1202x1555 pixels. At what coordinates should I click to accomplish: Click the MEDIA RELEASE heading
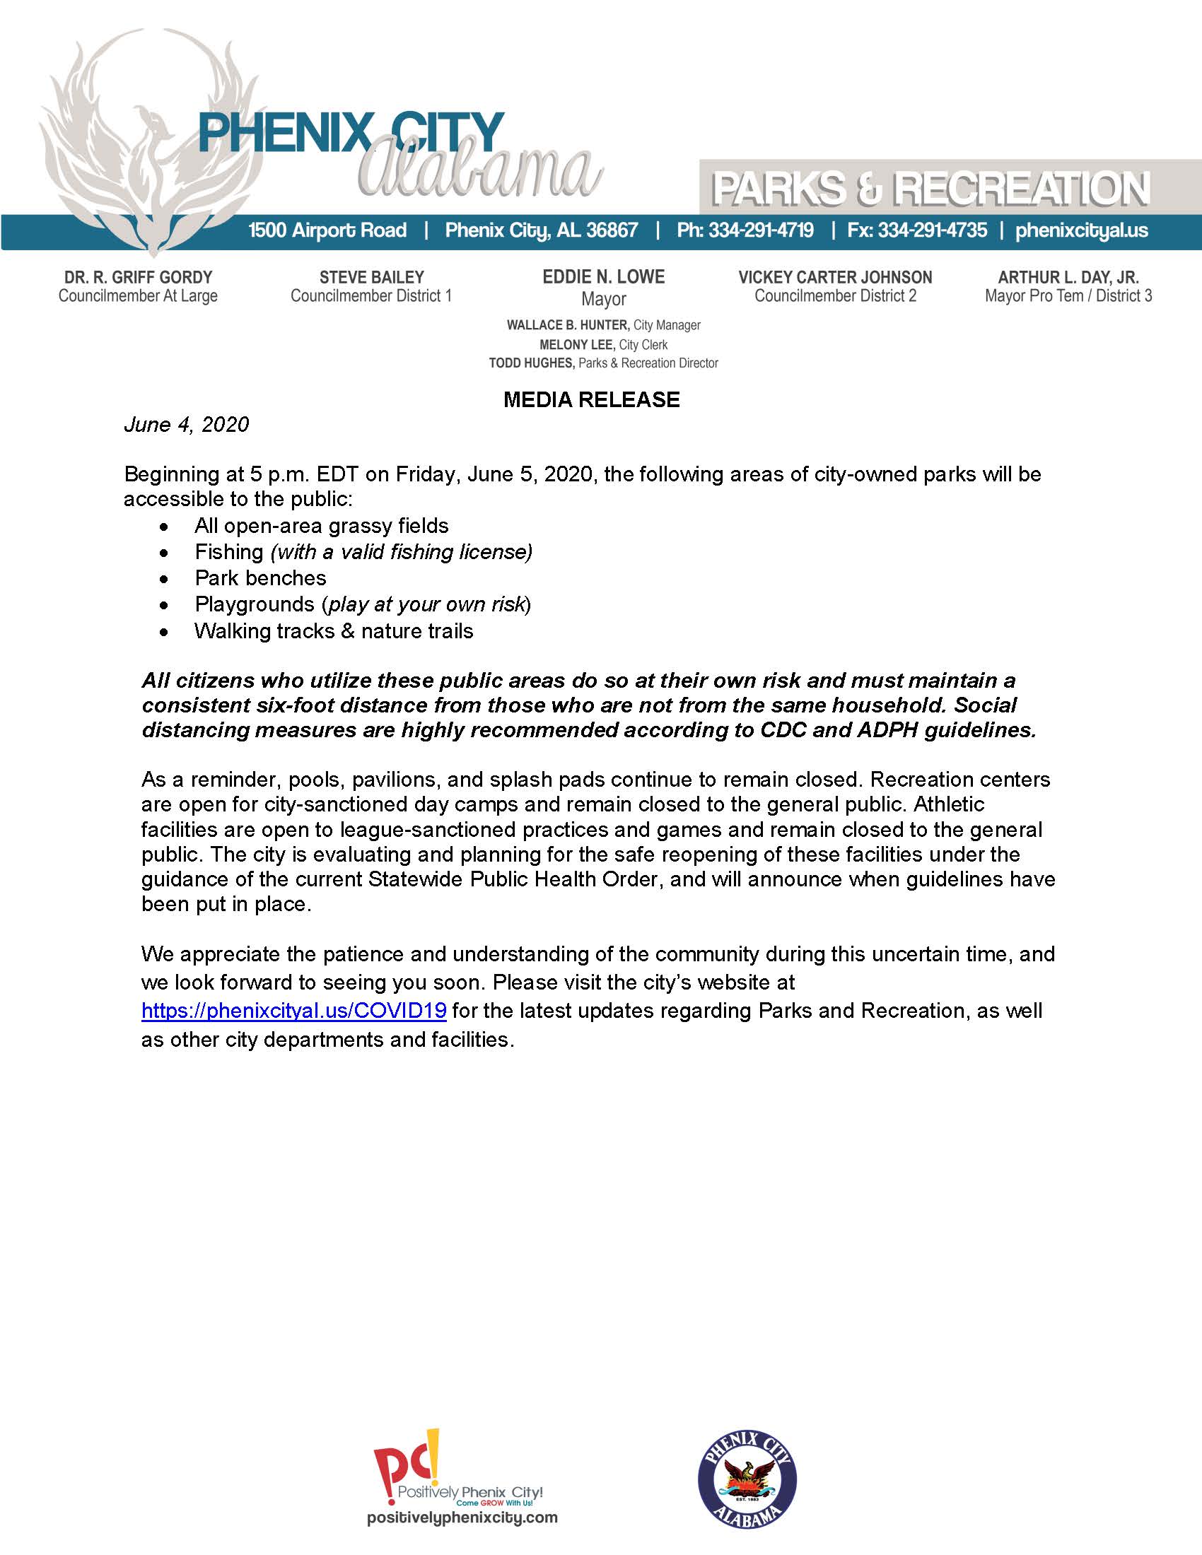point(591,399)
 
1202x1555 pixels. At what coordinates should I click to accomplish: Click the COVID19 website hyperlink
point(293,1010)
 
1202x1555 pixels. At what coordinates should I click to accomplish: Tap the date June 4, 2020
point(187,425)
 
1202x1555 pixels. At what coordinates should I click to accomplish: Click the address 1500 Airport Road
point(327,230)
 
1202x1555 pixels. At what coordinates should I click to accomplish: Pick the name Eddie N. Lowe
point(603,277)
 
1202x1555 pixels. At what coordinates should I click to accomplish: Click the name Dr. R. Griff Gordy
point(138,278)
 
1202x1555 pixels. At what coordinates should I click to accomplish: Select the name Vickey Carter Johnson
point(835,278)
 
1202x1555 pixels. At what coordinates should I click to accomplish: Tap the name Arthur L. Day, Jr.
point(1068,278)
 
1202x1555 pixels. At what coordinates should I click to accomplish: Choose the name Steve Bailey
point(371,278)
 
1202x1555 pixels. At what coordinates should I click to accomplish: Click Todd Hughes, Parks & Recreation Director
point(603,363)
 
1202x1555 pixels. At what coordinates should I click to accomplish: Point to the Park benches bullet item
point(261,577)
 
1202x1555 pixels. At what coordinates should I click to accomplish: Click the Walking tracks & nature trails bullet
point(334,630)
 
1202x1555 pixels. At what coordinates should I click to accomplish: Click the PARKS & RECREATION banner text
point(930,189)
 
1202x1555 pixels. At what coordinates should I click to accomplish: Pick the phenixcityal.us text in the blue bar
point(1081,230)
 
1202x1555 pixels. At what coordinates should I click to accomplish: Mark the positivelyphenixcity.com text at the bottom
point(462,1518)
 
